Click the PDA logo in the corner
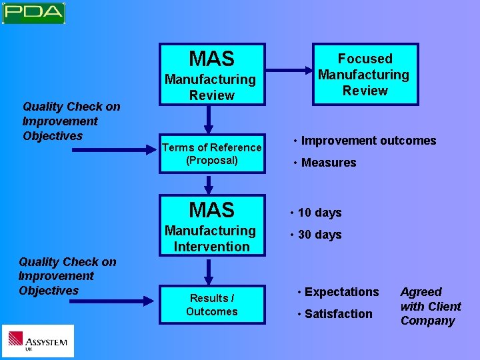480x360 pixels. point(33,13)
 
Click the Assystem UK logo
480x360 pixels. point(38,341)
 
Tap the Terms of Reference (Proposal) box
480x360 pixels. point(212,154)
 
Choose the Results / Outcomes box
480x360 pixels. point(212,305)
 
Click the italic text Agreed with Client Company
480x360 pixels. point(430,306)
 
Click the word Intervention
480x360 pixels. point(211,247)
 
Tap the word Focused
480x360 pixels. point(365,59)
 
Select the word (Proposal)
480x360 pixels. point(212,161)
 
